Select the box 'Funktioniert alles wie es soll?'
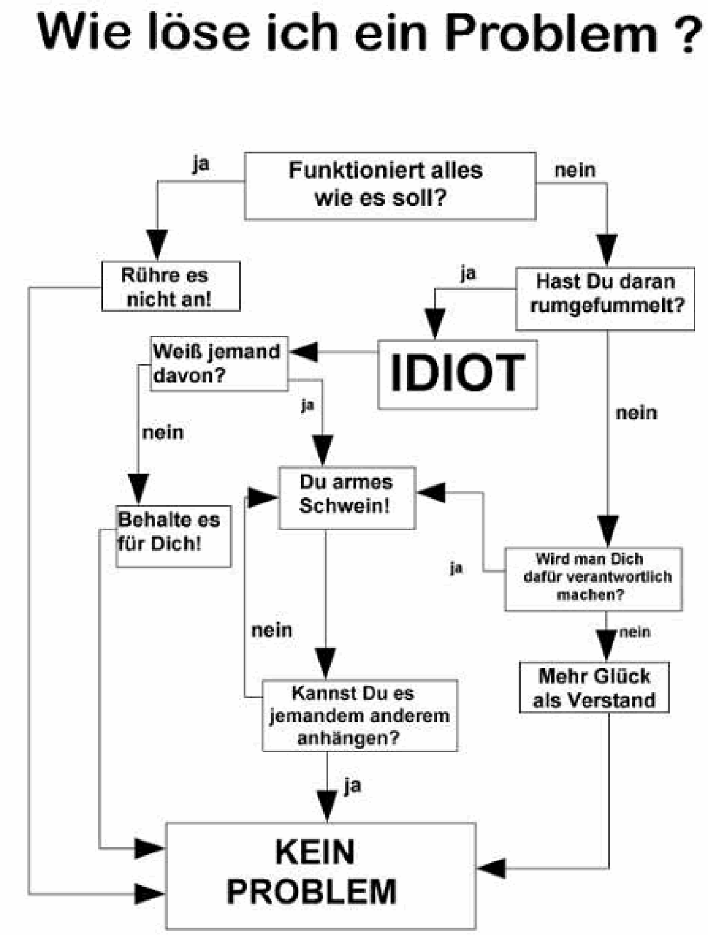point(390,185)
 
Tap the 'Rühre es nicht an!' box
point(170,286)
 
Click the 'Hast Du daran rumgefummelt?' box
point(605,298)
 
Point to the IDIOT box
point(457,373)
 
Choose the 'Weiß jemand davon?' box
point(218,363)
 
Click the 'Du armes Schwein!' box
point(347,498)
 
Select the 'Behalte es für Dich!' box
point(173,536)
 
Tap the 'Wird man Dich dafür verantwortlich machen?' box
point(593,578)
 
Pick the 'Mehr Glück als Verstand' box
point(594,687)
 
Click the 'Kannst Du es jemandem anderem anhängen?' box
point(359,715)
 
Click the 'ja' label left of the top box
point(201,163)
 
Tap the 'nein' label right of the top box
point(575,170)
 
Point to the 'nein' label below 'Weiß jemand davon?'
point(162,432)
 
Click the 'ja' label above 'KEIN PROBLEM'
point(352,786)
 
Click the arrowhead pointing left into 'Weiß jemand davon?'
point(304,352)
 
